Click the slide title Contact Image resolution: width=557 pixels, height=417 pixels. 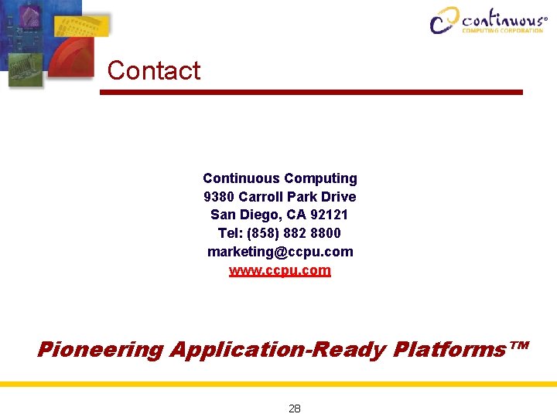click(x=153, y=70)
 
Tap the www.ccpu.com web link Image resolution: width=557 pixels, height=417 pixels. click(x=279, y=270)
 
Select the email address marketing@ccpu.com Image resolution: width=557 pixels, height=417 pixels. click(x=279, y=252)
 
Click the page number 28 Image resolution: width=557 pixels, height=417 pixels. click(x=294, y=409)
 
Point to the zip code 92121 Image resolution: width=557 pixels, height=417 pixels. click(x=330, y=215)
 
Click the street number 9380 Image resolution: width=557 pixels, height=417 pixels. click(x=219, y=196)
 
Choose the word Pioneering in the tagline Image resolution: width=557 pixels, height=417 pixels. click(x=100, y=350)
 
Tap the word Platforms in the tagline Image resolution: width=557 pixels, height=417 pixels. click(x=447, y=350)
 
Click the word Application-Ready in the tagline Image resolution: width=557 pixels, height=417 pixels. click(x=277, y=350)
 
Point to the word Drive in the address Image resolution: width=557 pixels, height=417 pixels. click(x=338, y=196)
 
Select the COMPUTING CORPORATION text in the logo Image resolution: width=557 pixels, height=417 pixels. click(x=502, y=31)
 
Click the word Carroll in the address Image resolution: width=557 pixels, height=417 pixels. click(x=263, y=196)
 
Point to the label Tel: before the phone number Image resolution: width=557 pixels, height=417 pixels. click(x=230, y=233)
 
